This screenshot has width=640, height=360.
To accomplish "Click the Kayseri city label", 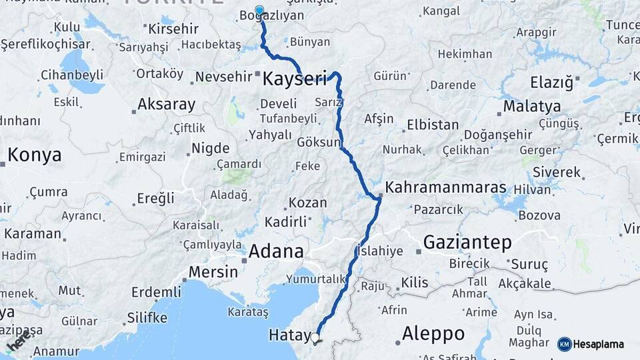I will tap(295, 79).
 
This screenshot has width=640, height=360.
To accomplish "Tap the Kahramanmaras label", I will tap(445, 187).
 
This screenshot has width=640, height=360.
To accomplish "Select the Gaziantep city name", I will tap(467, 241).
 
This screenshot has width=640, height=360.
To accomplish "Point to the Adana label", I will tap(276, 252).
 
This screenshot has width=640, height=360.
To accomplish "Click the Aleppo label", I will tap(433, 333).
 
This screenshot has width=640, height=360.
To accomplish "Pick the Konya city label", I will tap(35, 155).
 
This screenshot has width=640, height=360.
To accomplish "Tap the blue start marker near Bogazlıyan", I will tap(259, 11).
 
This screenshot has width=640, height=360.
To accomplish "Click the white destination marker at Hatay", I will tap(315, 337).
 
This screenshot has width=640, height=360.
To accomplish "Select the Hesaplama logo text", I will tap(599, 345).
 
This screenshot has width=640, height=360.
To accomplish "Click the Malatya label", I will tap(531, 107).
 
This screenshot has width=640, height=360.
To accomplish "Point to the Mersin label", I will tap(213, 272).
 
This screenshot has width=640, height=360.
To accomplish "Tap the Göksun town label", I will tap(319, 143).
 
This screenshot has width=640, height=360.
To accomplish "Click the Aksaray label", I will tap(166, 105).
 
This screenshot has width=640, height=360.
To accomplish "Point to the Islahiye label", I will tap(381, 251).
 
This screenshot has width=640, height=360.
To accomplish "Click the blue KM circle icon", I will tap(564, 344).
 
